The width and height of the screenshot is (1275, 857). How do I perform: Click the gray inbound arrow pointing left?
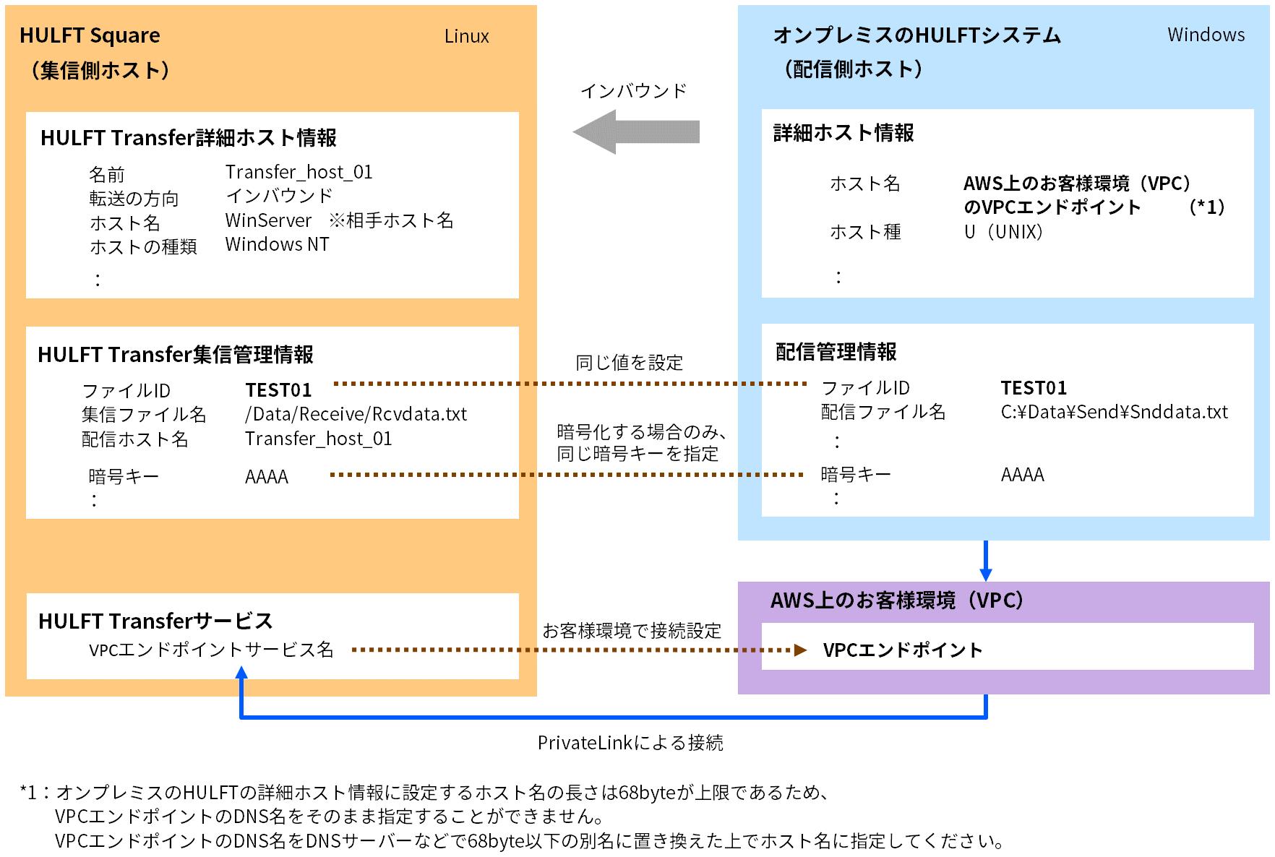[635, 132]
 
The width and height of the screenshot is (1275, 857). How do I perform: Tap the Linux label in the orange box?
[466, 36]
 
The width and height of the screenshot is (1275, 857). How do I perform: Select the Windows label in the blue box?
[1206, 35]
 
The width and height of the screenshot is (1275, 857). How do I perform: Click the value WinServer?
[268, 220]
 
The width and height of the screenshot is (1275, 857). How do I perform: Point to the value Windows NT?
[277, 244]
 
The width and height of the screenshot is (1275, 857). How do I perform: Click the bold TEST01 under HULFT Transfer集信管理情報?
[278, 390]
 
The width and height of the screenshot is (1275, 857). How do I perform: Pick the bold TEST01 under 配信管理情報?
[1034, 388]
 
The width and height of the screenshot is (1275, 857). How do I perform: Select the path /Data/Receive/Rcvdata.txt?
[356, 414]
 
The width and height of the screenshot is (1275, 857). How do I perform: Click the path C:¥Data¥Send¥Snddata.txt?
[1114, 412]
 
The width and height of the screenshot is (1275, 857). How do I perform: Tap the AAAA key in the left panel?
[267, 477]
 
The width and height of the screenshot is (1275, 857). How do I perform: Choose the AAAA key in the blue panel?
[1022, 475]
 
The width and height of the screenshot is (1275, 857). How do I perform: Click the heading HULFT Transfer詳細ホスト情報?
[189, 138]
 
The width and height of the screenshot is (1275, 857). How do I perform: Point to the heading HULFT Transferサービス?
[155, 621]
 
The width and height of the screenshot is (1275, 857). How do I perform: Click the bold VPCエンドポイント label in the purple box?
[903, 650]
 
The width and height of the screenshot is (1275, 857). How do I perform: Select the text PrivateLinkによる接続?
[630, 743]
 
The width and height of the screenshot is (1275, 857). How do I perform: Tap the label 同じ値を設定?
[629, 363]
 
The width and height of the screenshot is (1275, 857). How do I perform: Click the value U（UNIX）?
[1004, 232]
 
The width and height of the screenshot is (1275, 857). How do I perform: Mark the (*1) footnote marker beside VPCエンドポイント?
[1206, 207]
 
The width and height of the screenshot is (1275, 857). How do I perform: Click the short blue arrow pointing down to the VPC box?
[985, 561]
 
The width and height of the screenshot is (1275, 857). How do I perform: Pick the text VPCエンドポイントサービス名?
[211, 650]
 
